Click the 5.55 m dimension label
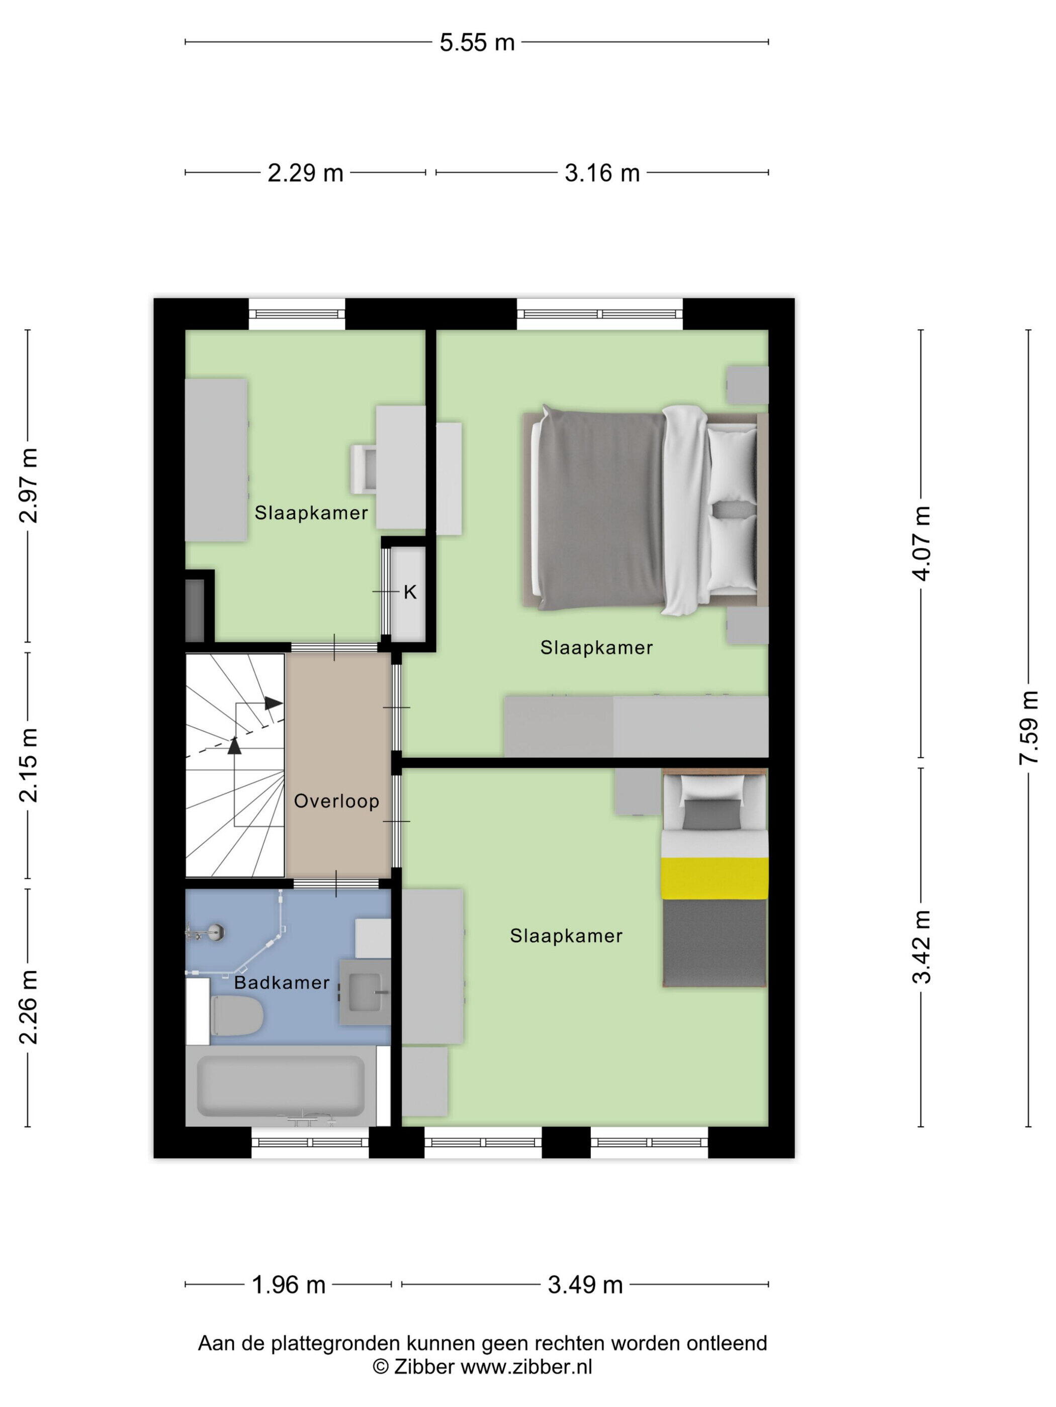(x=477, y=43)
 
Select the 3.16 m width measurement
(x=601, y=173)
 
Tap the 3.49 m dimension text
(x=585, y=1285)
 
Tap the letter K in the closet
(x=410, y=592)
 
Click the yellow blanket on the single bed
(x=714, y=878)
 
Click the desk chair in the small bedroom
(x=364, y=468)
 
